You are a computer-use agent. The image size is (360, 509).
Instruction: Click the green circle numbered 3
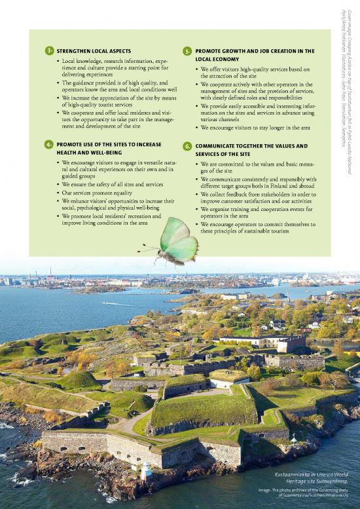[49, 50]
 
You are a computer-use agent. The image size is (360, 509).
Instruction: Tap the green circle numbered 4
[49, 143]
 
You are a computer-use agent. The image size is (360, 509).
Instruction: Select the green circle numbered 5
[188, 50]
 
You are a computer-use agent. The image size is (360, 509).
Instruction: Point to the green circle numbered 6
[188, 146]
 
